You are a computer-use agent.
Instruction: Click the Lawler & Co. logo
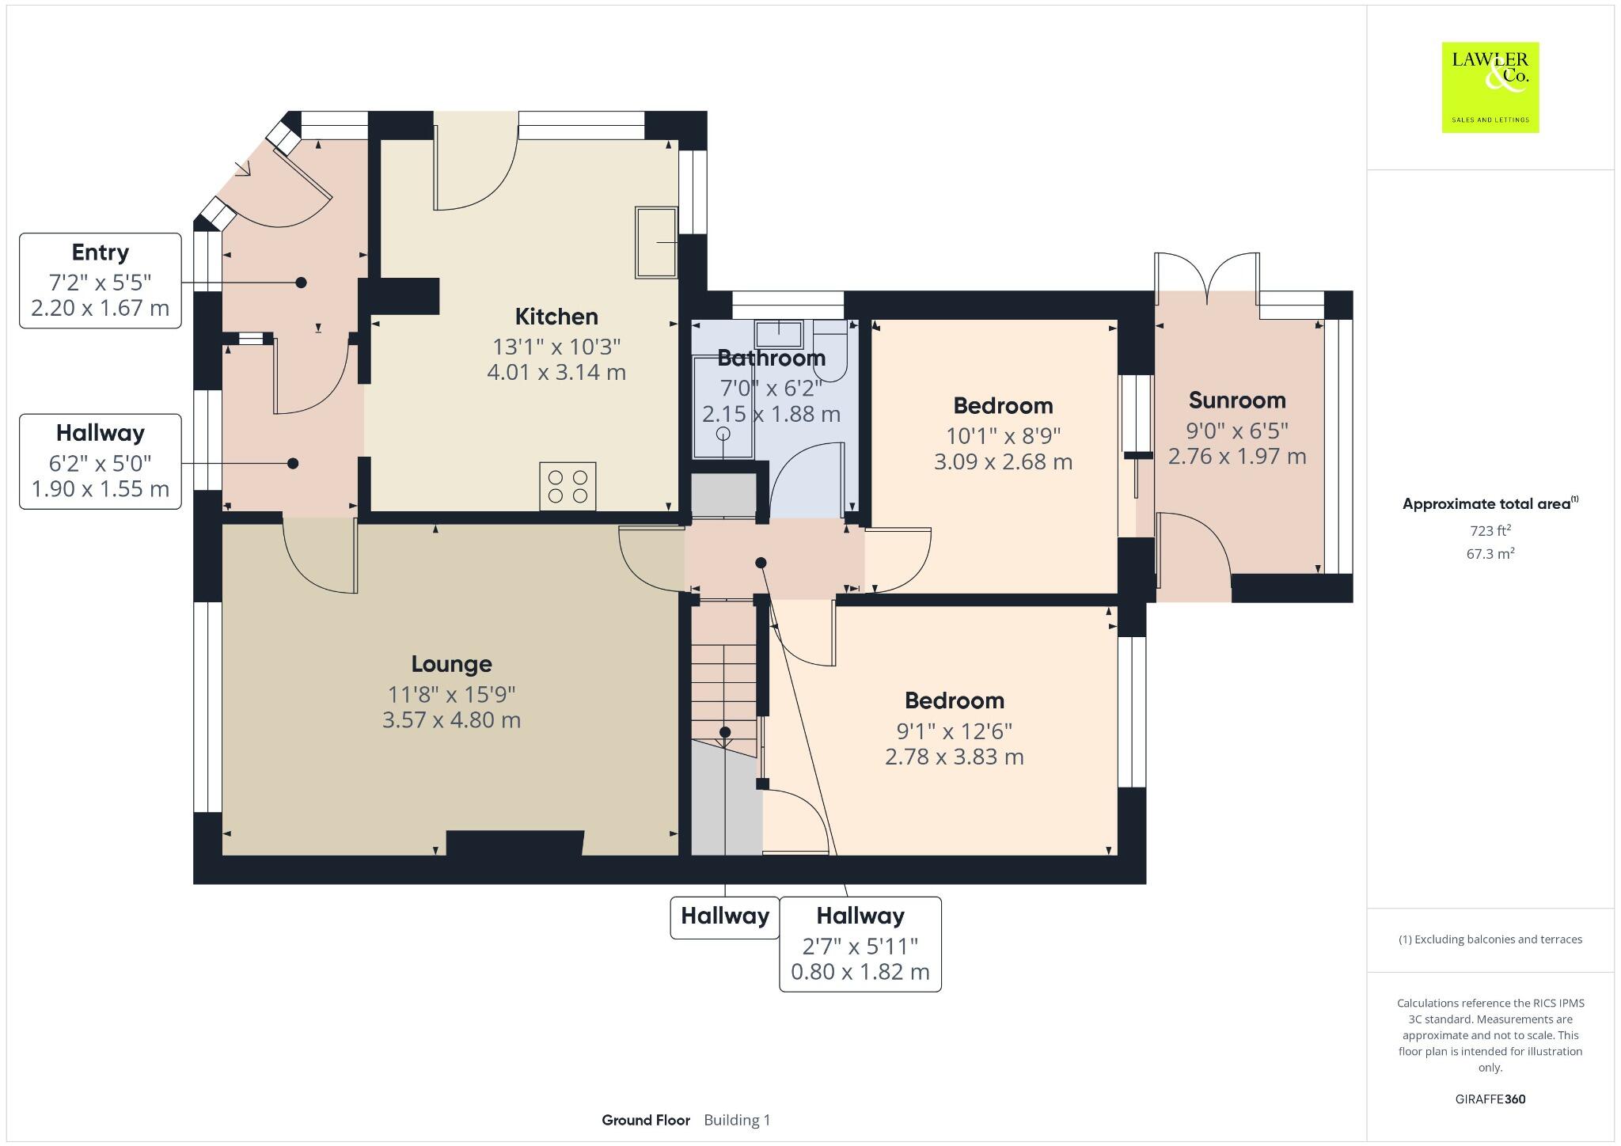pyautogui.click(x=1490, y=87)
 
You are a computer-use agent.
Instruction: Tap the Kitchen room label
pyautogui.click(x=556, y=317)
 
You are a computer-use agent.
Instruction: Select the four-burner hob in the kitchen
pyautogui.click(x=568, y=486)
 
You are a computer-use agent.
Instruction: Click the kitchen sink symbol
pyautogui.click(x=656, y=242)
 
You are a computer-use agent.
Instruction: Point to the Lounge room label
pyautogui.click(x=451, y=664)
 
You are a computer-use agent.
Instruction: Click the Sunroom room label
pyautogui.click(x=1236, y=400)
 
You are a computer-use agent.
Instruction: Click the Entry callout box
pyautogui.click(x=101, y=280)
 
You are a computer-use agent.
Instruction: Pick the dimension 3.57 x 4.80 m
pyautogui.click(x=451, y=720)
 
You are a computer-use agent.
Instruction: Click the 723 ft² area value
pyautogui.click(x=1490, y=530)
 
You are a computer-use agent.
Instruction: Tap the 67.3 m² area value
pyautogui.click(x=1490, y=554)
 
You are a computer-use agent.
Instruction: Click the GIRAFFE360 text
pyautogui.click(x=1490, y=1099)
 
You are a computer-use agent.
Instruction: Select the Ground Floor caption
pyautogui.click(x=646, y=1120)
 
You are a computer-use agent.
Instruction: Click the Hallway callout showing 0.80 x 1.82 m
pyautogui.click(x=860, y=943)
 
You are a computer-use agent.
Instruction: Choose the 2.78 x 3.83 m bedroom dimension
pyautogui.click(x=954, y=757)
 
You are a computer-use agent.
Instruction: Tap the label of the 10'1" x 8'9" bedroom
pyautogui.click(x=1003, y=406)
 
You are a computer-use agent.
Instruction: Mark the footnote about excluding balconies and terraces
pyautogui.click(x=1490, y=939)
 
